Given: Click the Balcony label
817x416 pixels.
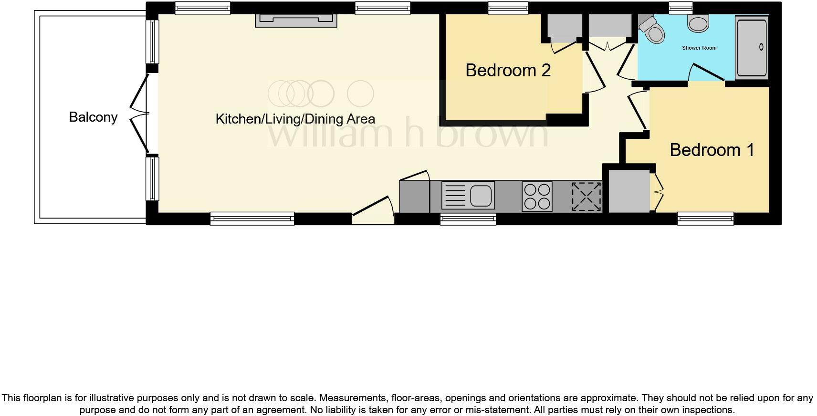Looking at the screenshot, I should pos(93,117).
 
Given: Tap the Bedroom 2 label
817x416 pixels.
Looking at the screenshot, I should pos(508,70).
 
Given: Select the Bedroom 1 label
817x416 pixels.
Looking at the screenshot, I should pos(712,150).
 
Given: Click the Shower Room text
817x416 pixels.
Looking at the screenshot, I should pos(699,48).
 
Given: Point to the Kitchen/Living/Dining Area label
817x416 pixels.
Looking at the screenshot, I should pos(295,119).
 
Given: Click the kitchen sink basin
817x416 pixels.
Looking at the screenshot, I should pos(481,196).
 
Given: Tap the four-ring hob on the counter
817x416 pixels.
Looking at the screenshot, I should pos(537,196).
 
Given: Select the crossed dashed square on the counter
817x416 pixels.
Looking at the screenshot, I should pos(587,196).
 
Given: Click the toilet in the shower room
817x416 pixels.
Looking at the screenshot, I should pos(653,31).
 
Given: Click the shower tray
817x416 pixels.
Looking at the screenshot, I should pos(752,47).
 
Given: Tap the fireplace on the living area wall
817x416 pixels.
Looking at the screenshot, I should pos(296,21).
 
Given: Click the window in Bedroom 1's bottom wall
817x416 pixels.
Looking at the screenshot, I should pos(705,218).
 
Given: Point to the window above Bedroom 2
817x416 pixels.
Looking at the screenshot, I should pos(508,8).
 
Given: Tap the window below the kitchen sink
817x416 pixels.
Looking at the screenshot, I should pos(468,219).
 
